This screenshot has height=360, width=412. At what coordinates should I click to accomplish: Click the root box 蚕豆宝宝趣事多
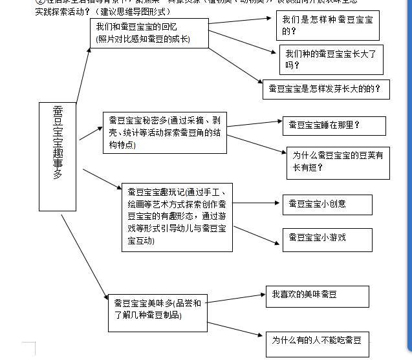[x=58, y=156]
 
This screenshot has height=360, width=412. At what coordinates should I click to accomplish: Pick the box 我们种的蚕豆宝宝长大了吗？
[x=331, y=59]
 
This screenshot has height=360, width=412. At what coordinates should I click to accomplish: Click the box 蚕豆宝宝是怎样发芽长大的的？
[x=325, y=89]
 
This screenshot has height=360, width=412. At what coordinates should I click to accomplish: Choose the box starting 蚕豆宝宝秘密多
[x=164, y=133]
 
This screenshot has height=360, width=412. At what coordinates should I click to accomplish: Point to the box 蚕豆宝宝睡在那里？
[x=334, y=125]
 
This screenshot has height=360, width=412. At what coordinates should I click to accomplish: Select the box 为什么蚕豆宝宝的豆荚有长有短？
[x=338, y=161]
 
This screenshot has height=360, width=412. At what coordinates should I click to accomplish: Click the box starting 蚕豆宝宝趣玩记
[x=177, y=217]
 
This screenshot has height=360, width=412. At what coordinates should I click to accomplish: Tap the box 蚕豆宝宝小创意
[x=327, y=204]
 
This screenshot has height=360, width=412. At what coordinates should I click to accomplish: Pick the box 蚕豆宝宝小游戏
[x=327, y=238]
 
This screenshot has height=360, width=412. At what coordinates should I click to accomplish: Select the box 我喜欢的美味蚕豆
[x=317, y=296]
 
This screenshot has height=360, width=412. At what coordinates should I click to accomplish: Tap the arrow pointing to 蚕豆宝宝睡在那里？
[x=254, y=123]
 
